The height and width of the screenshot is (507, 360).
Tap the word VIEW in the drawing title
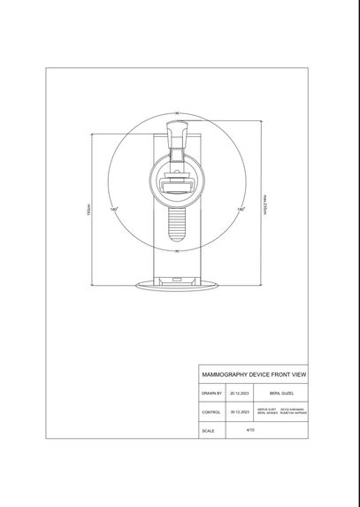(x=298, y=374)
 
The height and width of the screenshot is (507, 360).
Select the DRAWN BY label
(x=211, y=392)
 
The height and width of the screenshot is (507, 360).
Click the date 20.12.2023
(x=240, y=392)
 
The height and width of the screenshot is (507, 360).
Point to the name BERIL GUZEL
(x=280, y=392)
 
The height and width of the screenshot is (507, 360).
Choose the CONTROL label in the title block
(x=211, y=411)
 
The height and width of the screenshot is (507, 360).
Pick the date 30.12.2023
(x=240, y=411)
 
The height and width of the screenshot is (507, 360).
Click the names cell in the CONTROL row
(x=280, y=411)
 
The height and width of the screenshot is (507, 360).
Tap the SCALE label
(x=208, y=431)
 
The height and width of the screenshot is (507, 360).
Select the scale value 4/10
(x=250, y=429)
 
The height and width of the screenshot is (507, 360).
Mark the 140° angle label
(x=114, y=210)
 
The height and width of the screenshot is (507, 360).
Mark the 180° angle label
(x=241, y=210)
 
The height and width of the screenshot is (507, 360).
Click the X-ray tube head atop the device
(x=179, y=134)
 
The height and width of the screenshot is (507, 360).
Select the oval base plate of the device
(x=177, y=285)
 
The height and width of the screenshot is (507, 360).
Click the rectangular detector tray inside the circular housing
(x=177, y=186)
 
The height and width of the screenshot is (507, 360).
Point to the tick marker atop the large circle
(x=177, y=113)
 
